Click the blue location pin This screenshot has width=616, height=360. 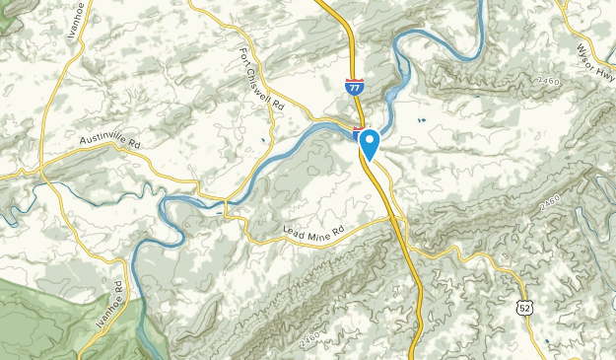(370, 143)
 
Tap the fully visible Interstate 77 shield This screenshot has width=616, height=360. (353, 88)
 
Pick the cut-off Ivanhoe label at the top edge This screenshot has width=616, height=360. (71, 18)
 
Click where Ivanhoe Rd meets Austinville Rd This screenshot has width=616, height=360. (44, 170)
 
